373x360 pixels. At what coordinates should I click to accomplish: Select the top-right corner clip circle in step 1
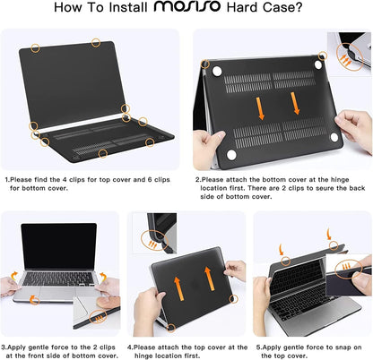click(x=95, y=41)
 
